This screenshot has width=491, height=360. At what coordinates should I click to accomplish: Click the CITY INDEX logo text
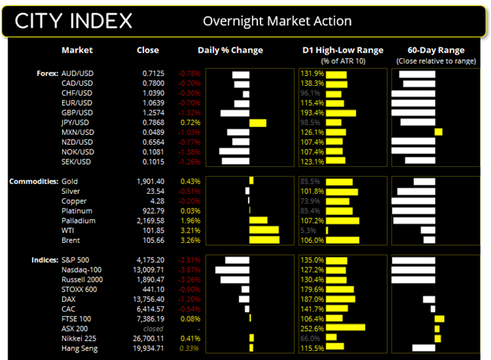pos(72,20)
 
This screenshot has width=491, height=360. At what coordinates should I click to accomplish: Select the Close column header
pos(148,51)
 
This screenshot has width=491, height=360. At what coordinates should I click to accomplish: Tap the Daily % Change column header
pos(230,51)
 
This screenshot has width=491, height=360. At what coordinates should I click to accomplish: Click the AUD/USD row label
pos(77,74)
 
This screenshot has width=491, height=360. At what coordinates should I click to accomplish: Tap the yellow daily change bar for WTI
pos(264,230)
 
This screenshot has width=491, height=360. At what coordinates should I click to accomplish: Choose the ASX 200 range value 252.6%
pos(310,328)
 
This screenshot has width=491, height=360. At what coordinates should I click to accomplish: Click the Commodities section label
pos(31,181)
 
